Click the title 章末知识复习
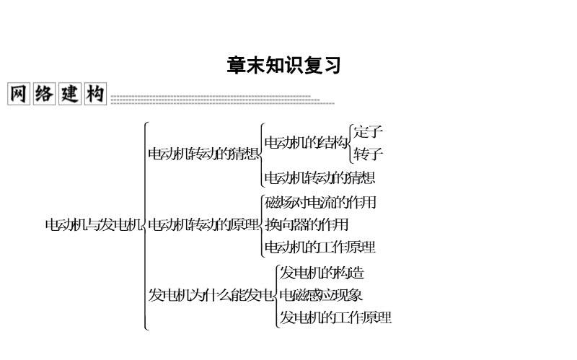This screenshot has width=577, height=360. pyautogui.click(x=283, y=65)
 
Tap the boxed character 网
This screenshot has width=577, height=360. pyautogui.click(x=19, y=94)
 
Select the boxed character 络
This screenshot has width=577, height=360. pyautogui.click(x=44, y=94)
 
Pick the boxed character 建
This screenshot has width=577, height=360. pyautogui.click(x=69, y=94)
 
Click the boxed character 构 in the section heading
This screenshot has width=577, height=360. pyautogui.click(x=95, y=94)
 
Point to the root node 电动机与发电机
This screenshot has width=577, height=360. pyautogui.click(x=94, y=224)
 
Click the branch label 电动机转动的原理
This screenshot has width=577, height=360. pyautogui.click(x=203, y=224)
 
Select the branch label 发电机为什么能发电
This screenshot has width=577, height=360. pyautogui.click(x=211, y=295)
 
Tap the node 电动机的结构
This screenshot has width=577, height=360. pyautogui.click(x=306, y=142)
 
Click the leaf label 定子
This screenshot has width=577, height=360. pyautogui.click(x=368, y=132)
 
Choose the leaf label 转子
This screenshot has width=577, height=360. pyautogui.click(x=368, y=154)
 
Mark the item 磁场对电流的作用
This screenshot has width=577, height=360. pyautogui.click(x=320, y=203)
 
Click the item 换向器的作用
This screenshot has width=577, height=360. pyautogui.click(x=306, y=224)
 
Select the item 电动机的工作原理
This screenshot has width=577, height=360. pyautogui.click(x=320, y=247)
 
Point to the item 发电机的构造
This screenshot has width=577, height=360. pyautogui.click(x=322, y=273)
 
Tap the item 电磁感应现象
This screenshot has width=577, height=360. pyautogui.click(x=321, y=295)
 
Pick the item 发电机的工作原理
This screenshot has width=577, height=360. pyautogui.click(x=335, y=317)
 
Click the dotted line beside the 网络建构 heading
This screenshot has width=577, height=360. pyautogui.click(x=223, y=100)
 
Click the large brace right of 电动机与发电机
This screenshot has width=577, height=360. pyautogui.click(x=146, y=226)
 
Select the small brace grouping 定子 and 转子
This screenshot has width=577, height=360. pyautogui.click(x=351, y=144)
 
